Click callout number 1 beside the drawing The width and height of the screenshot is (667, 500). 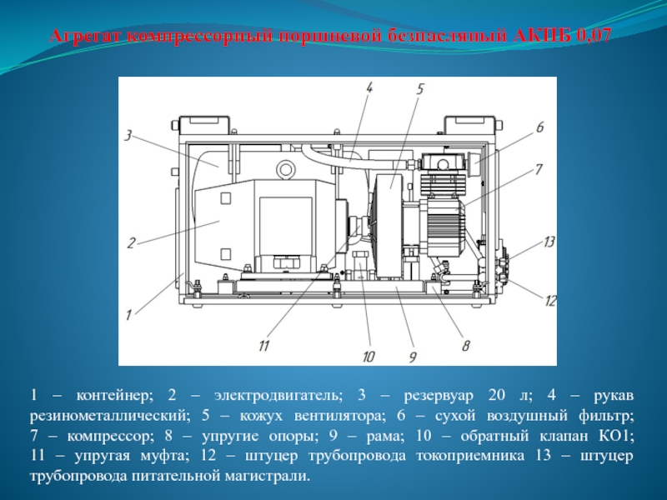(x=128, y=315)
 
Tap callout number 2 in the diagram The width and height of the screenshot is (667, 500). (x=132, y=242)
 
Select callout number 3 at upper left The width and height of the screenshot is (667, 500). (x=128, y=136)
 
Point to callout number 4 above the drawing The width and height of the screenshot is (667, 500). (x=369, y=87)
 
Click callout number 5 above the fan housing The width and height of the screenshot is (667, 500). (x=420, y=89)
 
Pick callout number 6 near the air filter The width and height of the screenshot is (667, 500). (x=539, y=127)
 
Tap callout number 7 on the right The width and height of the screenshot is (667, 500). (x=539, y=169)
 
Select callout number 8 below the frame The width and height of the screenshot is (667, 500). (x=466, y=345)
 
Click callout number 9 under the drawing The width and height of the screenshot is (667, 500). (x=413, y=357)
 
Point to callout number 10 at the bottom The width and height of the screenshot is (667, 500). (x=369, y=357)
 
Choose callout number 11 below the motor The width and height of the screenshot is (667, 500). (x=264, y=345)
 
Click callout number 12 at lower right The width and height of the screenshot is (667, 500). (x=550, y=301)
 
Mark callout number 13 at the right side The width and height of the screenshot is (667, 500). (x=549, y=242)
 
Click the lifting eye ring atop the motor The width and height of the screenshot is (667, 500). (x=284, y=168)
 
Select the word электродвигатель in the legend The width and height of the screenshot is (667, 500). (x=278, y=396)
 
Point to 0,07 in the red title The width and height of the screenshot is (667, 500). (x=594, y=35)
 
